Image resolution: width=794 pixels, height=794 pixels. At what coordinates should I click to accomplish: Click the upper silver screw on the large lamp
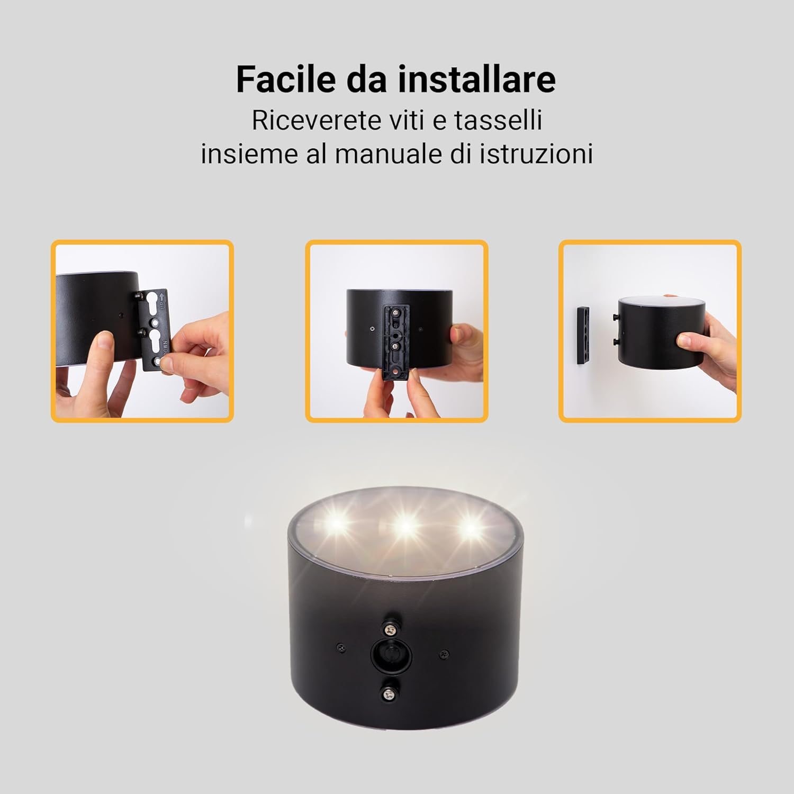[391, 629]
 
